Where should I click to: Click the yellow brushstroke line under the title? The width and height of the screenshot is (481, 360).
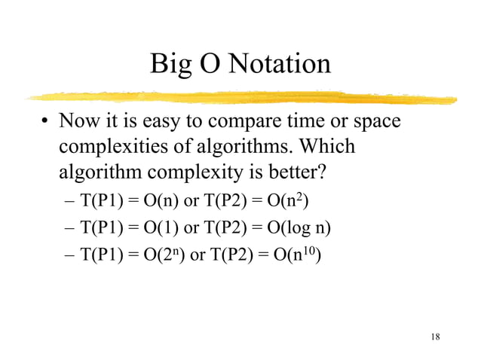click(x=241, y=98)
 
